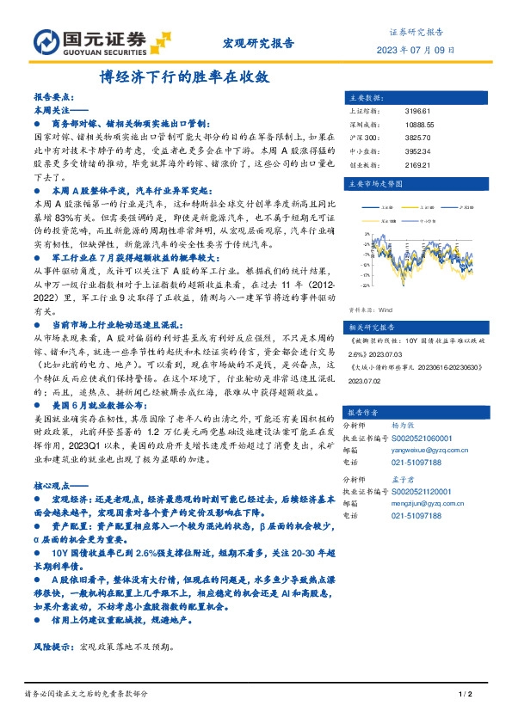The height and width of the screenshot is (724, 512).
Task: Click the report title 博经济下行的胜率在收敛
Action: click(x=184, y=76)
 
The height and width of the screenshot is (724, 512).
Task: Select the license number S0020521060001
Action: click(x=428, y=437)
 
